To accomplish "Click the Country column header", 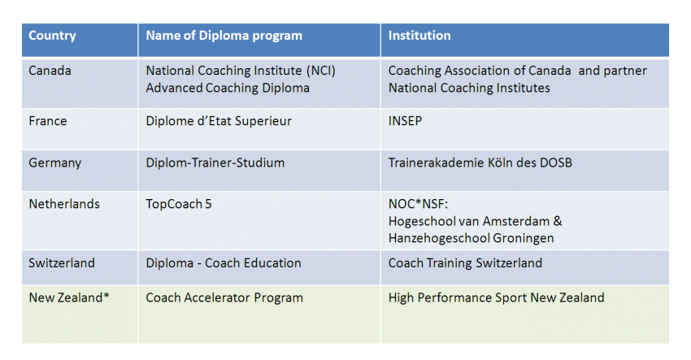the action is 52,36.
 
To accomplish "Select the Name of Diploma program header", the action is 224,36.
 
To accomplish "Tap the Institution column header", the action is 419,35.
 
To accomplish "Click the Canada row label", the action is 50,71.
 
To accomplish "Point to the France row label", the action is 48,121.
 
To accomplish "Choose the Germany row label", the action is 55,163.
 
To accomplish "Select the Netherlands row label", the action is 64,204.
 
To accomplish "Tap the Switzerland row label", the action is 62,263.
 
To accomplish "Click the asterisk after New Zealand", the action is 106,296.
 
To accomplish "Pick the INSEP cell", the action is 405,121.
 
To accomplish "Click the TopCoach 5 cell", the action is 179,204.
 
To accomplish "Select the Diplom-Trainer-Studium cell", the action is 215,163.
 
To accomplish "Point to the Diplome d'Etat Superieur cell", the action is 219,121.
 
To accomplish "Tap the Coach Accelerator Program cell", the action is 224,298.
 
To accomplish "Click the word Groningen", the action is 523,238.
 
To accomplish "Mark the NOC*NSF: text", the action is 418,204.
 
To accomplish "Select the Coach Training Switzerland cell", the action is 465,263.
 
